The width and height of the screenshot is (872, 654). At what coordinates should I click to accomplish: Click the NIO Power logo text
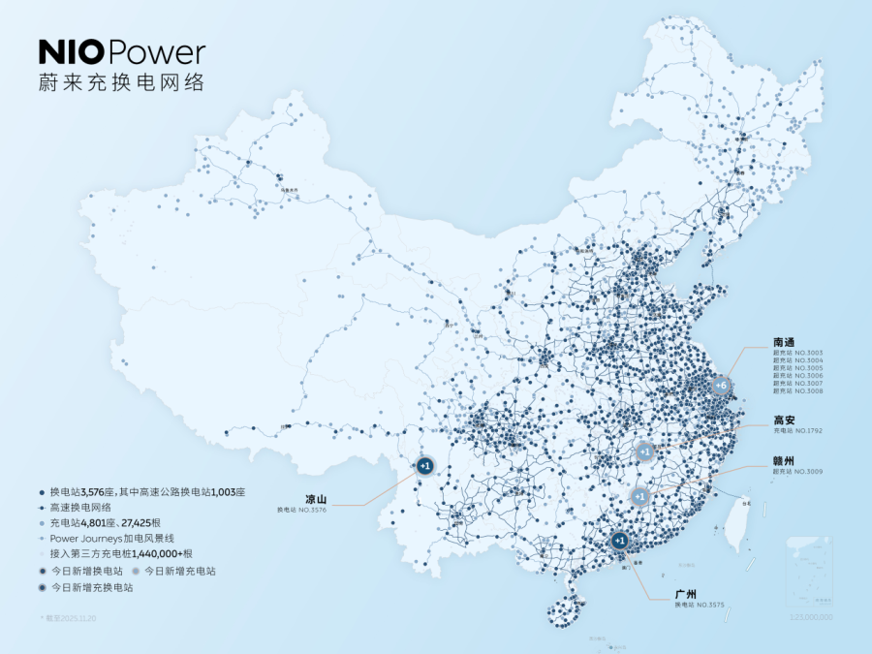(121, 51)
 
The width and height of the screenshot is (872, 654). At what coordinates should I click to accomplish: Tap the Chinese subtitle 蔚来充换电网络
(121, 82)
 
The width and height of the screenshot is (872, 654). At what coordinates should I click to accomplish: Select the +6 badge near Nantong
(719, 386)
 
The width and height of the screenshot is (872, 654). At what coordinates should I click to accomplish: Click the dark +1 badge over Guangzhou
(620, 541)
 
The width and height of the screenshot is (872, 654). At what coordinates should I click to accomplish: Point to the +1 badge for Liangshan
(424, 466)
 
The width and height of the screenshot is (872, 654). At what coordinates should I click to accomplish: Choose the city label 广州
(687, 593)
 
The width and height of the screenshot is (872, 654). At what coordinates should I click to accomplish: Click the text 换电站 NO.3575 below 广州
(700, 606)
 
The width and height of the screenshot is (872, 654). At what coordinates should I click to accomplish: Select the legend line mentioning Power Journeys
(111, 538)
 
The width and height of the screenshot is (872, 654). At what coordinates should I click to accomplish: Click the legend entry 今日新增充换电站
(92, 587)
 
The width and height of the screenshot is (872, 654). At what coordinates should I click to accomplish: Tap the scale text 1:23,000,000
(812, 616)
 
